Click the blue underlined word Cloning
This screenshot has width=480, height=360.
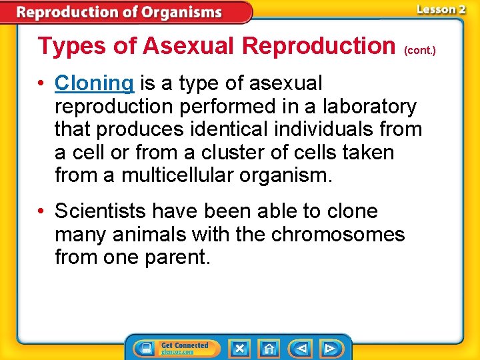95,83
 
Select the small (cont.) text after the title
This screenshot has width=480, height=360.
420,50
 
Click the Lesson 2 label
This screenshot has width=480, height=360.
440,9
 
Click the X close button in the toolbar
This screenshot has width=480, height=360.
239,348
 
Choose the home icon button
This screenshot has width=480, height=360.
269,348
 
